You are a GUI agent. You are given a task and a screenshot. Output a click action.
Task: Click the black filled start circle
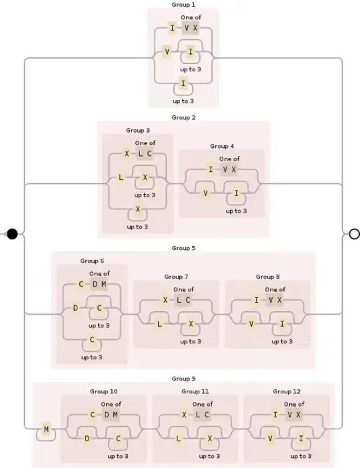pyautogui.click(x=12, y=233)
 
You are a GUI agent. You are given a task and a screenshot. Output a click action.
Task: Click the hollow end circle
pyautogui.click(x=354, y=233)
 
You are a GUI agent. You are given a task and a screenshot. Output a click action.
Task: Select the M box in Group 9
pyautogui.click(x=46, y=430)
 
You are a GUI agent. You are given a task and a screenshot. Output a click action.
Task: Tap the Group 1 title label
pyautogui.click(x=183, y=4)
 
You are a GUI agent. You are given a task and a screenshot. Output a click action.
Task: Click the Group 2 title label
pyautogui.click(x=183, y=117)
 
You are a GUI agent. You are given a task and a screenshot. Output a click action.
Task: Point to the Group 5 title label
pyautogui.click(x=183, y=248)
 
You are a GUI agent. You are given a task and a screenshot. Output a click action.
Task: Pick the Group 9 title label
pyautogui.click(x=183, y=379)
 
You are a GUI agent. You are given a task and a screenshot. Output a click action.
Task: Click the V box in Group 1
pyautogui.click(x=167, y=51)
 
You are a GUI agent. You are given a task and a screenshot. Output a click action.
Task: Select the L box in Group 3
pyautogui.click(x=121, y=177)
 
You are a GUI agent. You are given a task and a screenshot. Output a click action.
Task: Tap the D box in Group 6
pyautogui.click(x=75, y=308)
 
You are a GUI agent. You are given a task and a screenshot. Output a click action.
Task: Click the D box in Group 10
pyautogui.click(x=87, y=438)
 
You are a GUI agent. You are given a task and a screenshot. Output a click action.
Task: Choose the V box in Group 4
pyautogui.click(x=206, y=193)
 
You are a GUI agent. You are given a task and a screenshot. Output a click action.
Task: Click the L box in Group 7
pyautogui.click(x=160, y=323)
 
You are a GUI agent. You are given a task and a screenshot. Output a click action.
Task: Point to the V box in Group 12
pyautogui.click(x=270, y=438)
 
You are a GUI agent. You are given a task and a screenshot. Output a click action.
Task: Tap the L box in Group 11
pyautogui.click(x=179, y=438)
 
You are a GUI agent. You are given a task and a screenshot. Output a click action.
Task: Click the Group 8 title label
pyautogui.click(x=267, y=276)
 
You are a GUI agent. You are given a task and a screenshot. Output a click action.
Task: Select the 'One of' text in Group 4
pyautogui.click(x=229, y=159)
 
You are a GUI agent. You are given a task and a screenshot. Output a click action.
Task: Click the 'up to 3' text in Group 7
pyautogui.click(x=190, y=341)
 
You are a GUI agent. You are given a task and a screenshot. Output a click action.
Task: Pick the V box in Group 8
pyautogui.click(x=251, y=323)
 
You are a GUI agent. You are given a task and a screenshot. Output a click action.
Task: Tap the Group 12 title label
pyautogui.click(x=286, y=391)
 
